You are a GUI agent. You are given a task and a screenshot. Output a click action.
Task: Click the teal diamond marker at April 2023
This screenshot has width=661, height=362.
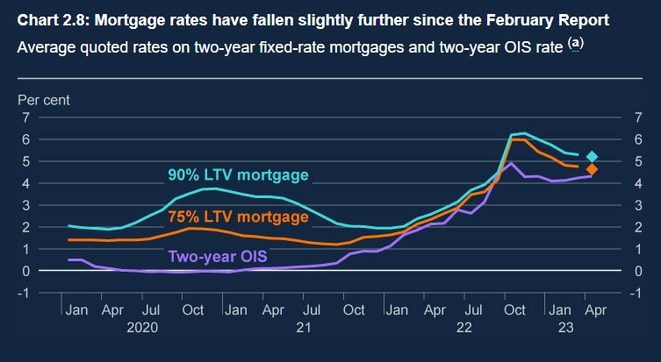592,157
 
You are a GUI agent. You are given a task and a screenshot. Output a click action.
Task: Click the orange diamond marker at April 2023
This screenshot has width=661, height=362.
592,169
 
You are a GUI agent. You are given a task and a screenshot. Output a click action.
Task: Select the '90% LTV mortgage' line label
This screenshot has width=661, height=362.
238,174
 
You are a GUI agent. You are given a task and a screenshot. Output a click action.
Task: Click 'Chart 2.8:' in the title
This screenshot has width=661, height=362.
52,18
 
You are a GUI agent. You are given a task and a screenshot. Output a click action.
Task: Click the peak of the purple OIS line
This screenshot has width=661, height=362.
511,163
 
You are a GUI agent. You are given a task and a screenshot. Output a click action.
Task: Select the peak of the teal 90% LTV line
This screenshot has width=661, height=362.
524,133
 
